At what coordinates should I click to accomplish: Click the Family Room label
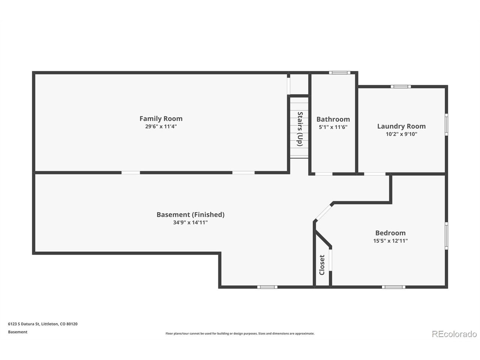[161, 119]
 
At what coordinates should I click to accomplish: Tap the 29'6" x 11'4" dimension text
[161, 126]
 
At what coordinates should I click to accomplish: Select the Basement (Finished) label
[190, 214]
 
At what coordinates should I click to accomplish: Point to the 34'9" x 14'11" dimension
[190, 222]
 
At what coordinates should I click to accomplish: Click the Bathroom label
[333, 119]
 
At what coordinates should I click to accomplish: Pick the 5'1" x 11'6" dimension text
[333, 127]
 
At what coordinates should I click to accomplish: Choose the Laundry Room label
[401, 126]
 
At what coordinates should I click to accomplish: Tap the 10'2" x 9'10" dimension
[401, 134]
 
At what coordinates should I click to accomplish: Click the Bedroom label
[390, 233]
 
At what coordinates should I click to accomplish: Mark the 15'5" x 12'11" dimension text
[390, 241]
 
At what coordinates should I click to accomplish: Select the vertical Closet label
[322, 265]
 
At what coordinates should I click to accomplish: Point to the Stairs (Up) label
[300, 129]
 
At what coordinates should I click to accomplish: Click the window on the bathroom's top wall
[339, 73]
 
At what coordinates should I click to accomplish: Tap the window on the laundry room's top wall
[400, 87]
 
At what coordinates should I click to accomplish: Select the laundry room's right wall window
[446, 124]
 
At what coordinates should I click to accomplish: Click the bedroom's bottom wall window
[393, 287]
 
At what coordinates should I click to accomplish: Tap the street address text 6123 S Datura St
[24, 324]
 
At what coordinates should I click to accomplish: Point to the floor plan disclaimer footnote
[240, 333]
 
